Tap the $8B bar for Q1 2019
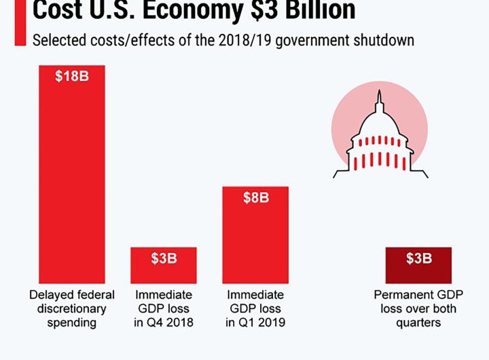pyautogui.click(x=256, y=238)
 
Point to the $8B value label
pyautogui.click(x=256, y=198)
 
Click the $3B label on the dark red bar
pyautogui.click(x=418, y=259)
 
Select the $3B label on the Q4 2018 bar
pyautogui.click(x=164, y=259)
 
